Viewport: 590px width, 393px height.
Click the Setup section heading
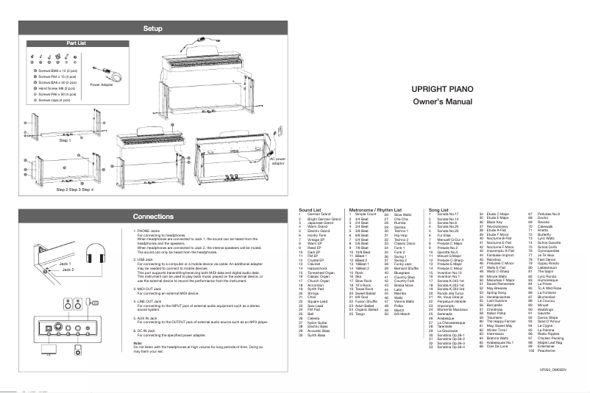[x=152, y=28]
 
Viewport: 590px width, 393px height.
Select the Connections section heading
[x=152, y=217]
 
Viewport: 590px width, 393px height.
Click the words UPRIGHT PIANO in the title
[x=442, y=87]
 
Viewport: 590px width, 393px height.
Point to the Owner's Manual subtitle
[x=442, y=100]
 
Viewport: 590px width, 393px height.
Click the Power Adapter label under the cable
[x=104, y=84]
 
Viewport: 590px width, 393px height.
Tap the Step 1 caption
[x=65, y=140]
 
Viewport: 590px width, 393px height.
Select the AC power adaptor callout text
[x=280, y=161]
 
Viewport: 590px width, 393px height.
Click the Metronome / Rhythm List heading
[x=370, y=209]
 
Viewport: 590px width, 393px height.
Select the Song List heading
[x=440, y=209]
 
